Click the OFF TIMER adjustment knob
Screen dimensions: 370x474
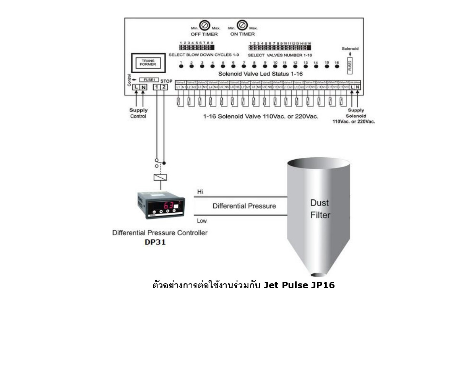point(205,26)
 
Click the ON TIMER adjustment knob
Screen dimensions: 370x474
point(242,25)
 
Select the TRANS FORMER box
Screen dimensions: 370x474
point(148,63)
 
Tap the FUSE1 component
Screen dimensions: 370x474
point(149,80)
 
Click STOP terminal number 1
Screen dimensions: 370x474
point(156,87)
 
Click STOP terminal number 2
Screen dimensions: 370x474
point(164,87)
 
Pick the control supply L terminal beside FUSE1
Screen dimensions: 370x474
point(136,87)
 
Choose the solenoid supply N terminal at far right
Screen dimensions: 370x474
point(358,87)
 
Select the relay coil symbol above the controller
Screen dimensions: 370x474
point(160,178)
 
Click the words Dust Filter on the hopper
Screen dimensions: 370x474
point(320,209)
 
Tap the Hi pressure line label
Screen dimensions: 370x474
point(200,192)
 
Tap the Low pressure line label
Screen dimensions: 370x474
point(202,221)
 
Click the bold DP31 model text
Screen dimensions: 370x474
point(155,242)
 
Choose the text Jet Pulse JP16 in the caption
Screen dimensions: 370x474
point(299,285)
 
